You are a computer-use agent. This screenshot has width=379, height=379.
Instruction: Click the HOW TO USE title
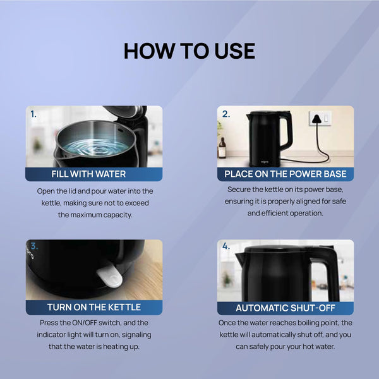click(189, 51)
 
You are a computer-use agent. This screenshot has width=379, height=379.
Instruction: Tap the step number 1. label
click(33, 114)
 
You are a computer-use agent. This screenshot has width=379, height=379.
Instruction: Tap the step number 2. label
click(226, 114)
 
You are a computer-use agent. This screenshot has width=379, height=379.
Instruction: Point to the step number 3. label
click(33, 248)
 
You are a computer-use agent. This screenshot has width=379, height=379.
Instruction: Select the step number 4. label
click(226, 248)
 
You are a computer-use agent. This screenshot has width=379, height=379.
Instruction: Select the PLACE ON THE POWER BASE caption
click(286, 174)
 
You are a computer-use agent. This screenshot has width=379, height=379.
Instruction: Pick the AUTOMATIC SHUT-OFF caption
click(286, 308)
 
